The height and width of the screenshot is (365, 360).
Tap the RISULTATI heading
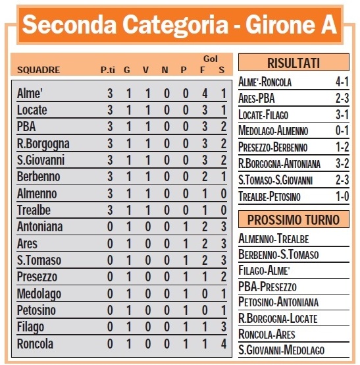[293, 63]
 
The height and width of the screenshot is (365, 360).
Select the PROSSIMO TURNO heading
[293, 219]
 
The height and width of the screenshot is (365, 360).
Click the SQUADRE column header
[38, 69]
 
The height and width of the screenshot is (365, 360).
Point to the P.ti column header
[109, 69]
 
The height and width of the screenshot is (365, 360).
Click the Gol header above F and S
[211, 58]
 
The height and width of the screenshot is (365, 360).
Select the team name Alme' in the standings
[28, 94]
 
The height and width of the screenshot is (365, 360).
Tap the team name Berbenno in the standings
[38, 177]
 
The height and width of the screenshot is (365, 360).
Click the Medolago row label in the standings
[39, 293]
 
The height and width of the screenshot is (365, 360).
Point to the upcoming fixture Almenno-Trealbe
[273, 239]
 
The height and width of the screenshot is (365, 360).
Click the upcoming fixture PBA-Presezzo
[267, 287]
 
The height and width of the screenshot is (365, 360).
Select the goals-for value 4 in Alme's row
[205, 94]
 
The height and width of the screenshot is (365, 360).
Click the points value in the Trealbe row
[110, 210]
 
